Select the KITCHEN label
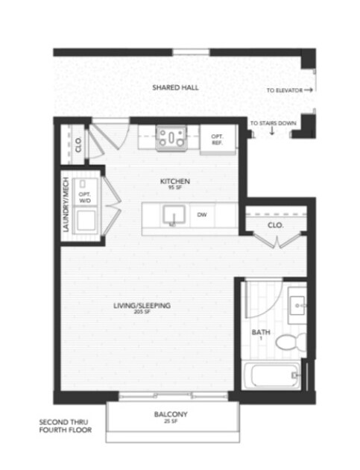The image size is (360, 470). pos(176,182)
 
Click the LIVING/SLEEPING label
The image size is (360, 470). pos(143,304)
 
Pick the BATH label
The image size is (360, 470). pos(260,332)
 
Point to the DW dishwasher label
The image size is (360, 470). pos(201,215)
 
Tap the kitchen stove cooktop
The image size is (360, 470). pos(172,137)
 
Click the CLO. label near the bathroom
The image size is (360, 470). pos(274,225)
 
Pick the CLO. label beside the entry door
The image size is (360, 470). pos(78,143)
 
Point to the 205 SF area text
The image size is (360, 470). pos(143,312)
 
